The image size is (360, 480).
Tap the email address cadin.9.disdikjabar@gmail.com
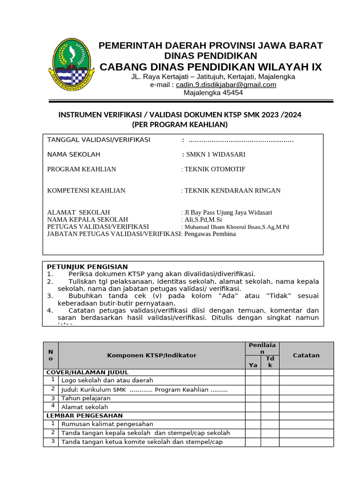coord(226,85)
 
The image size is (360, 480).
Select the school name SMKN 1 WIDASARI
coord(216,154)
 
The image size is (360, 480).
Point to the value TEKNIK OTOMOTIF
coord(215,169)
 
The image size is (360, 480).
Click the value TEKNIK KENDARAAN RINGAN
coord(232,190)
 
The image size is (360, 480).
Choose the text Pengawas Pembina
coord(210,234)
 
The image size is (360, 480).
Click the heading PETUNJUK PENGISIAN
coord(87,267)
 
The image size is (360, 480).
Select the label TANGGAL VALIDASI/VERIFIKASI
coord(98,140)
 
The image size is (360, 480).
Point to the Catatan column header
coord(306,355)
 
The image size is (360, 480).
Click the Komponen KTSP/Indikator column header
coord(152,355)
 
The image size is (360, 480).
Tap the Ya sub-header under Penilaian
coord(253,365)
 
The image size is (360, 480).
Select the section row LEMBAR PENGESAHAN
coord(84,415)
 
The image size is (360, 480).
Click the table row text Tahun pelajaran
coord(86,398)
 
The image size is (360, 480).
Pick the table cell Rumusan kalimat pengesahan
coord(107,424)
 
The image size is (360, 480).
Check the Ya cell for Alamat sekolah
coord(253,407)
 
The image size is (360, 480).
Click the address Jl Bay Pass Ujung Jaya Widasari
coord(228,212)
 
